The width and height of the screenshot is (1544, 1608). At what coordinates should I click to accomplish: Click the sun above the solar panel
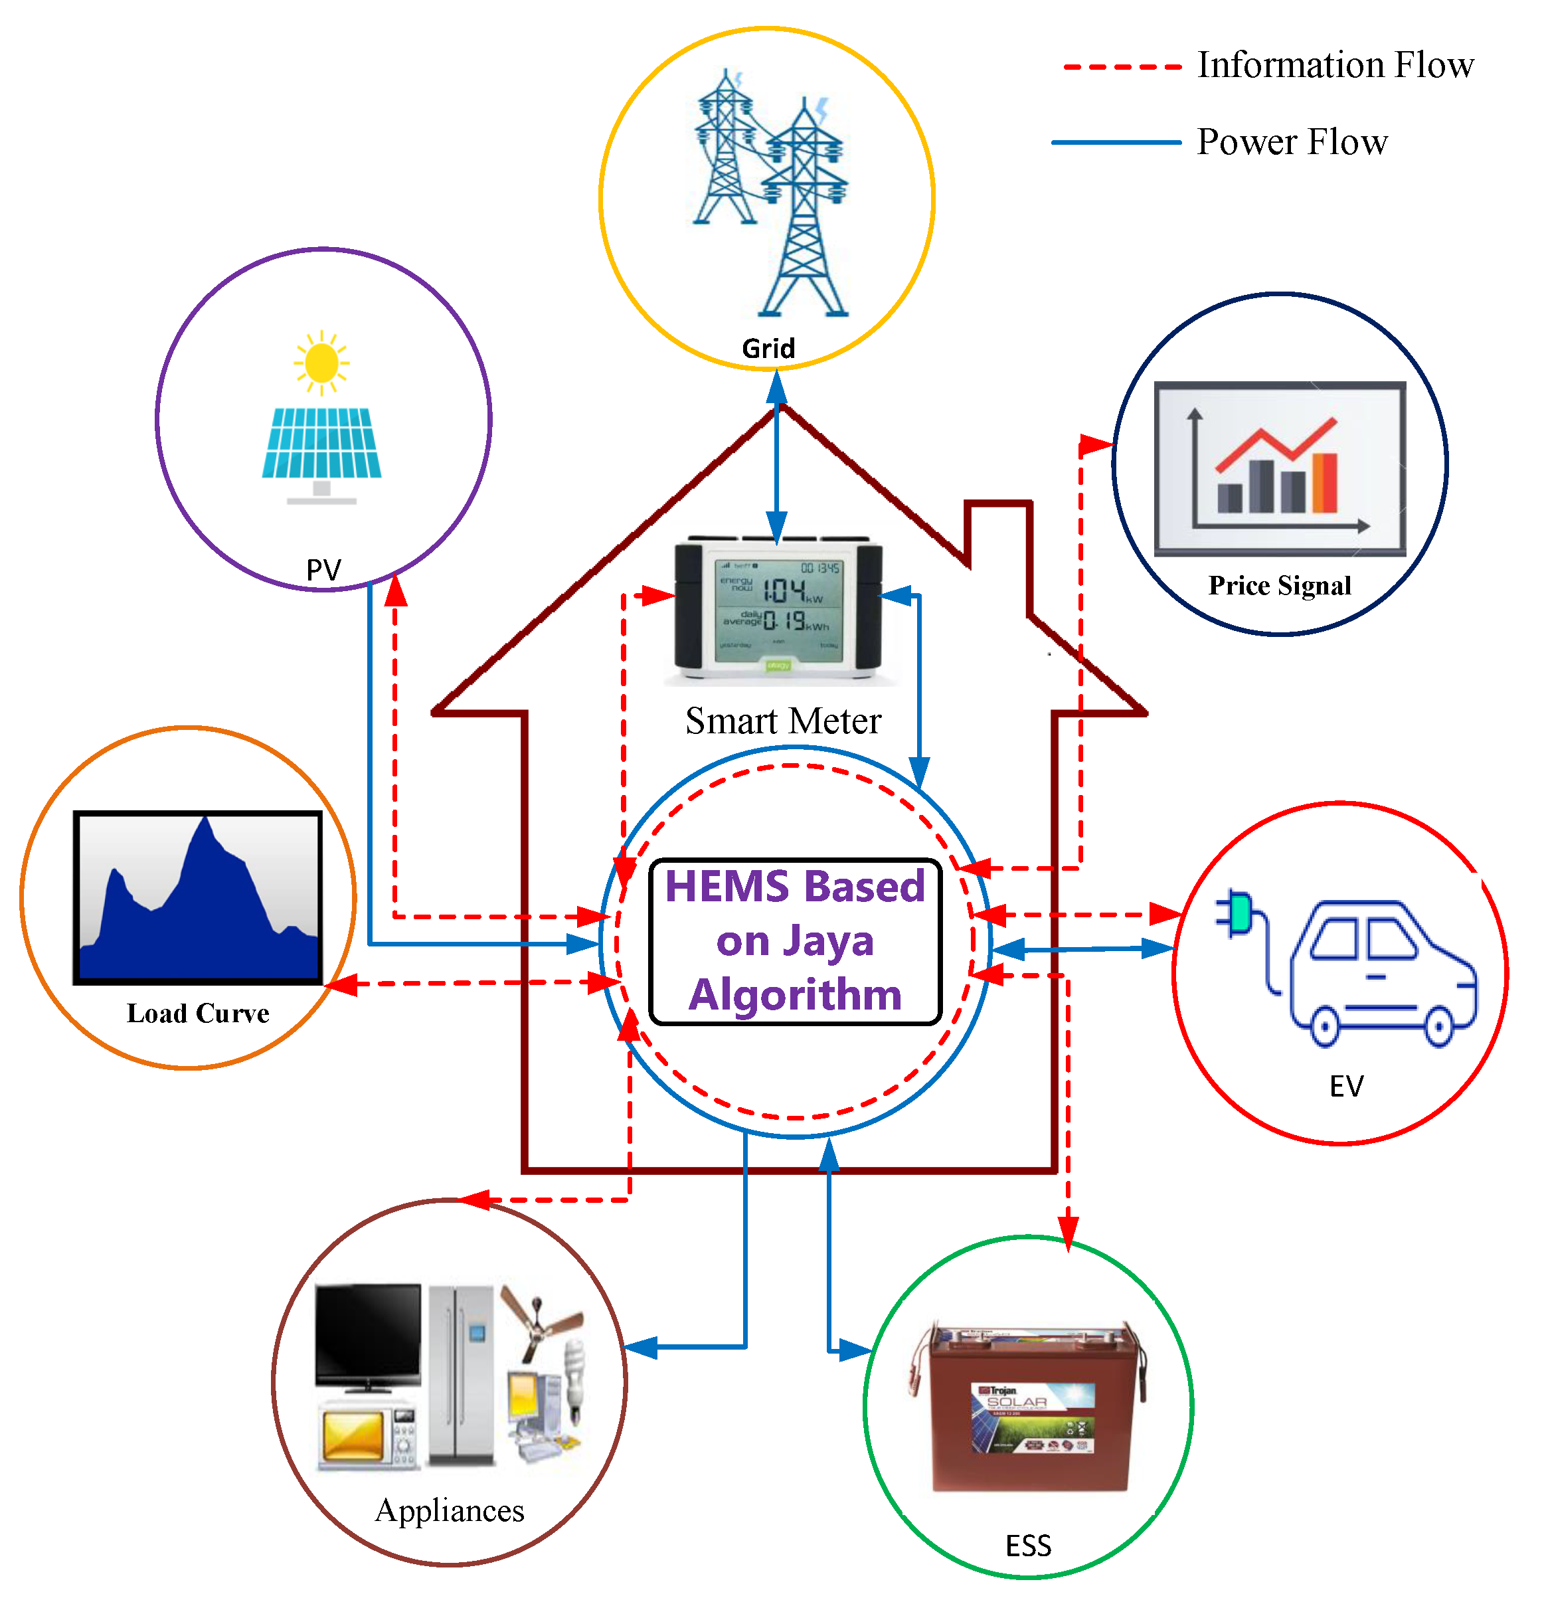point(321,362)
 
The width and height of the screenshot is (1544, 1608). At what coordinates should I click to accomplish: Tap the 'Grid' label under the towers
point(768,348)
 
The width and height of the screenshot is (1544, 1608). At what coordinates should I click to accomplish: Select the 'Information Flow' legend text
point(1335,65)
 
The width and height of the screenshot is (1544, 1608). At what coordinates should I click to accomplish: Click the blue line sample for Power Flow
point(1115,142)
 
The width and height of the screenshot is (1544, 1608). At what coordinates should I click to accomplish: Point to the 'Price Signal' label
point(1279,585)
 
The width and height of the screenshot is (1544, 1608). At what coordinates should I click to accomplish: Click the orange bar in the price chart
point(1324,482)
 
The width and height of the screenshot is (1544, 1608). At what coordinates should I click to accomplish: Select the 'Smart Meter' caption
point(783,721)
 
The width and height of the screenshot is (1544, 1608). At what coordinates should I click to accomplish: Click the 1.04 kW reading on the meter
point(784,590)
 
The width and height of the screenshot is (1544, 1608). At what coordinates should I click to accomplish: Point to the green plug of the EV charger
point(1238,913)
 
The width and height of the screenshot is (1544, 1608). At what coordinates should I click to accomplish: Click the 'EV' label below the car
point(1345,1086)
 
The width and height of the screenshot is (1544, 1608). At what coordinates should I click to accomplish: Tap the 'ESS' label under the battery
point(1028,1546)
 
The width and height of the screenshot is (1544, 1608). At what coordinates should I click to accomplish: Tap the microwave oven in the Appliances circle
point(367,1436)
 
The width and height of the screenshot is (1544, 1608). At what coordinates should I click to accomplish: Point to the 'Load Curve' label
point(198,1013)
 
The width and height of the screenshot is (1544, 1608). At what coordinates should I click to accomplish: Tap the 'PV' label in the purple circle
point(323,569)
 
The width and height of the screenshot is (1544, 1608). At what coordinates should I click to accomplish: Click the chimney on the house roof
point(997,533)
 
